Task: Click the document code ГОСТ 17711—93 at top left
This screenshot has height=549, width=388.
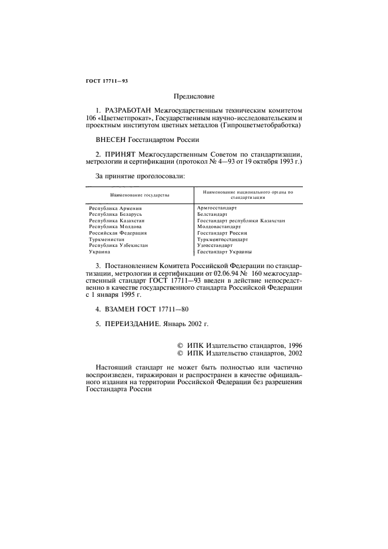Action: point(103,81)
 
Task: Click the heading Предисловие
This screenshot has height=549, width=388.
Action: point(194,96)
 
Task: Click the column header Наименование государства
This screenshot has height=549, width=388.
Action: point(140,194)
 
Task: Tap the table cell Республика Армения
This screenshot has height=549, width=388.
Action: point(116,208)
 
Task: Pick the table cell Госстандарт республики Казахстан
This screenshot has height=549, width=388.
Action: point(241,221)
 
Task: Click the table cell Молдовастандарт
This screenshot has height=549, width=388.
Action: point(219,226)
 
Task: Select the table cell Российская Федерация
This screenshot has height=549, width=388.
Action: point(118,233)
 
